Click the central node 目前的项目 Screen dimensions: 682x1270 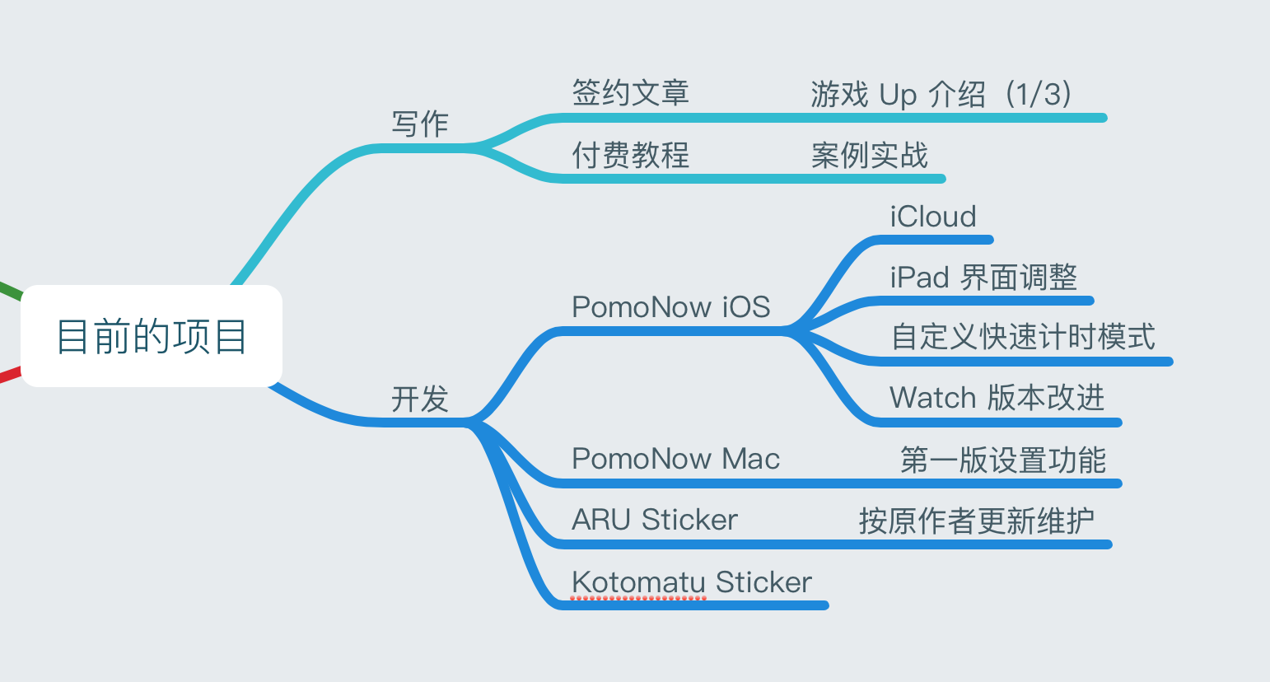point(152,336)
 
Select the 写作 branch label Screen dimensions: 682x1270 point(420,124)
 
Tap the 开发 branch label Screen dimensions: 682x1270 point(420,399)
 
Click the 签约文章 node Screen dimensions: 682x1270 point(630,93)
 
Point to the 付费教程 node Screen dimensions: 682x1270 point(630,155)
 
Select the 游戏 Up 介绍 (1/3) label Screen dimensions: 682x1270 point(941,95)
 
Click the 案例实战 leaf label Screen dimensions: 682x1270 point(869,155)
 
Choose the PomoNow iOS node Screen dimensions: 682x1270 point(670,307)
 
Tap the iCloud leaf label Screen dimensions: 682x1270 point(933,217)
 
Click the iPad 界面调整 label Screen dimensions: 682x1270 point(983,278)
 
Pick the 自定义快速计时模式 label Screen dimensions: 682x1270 point(1023,337)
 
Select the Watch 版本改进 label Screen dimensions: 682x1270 point(997,398)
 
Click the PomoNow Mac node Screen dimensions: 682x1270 point(675,459)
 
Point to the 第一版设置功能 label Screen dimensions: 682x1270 point(1002,460)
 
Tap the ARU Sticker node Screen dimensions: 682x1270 point(655,520)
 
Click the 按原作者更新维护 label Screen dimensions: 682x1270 point(976,521)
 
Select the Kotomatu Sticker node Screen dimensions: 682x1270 point(692,582)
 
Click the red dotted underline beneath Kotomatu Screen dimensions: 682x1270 point(638,597)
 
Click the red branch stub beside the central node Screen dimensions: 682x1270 point(8,376)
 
